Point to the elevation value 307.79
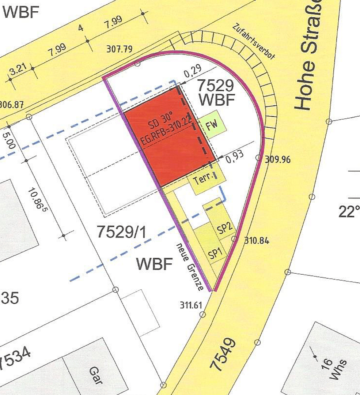coord(119,49)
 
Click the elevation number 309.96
coord(278,160)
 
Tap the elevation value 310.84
coord(257,241)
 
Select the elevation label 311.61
coord(191,305)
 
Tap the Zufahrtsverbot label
coord(254,42)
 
